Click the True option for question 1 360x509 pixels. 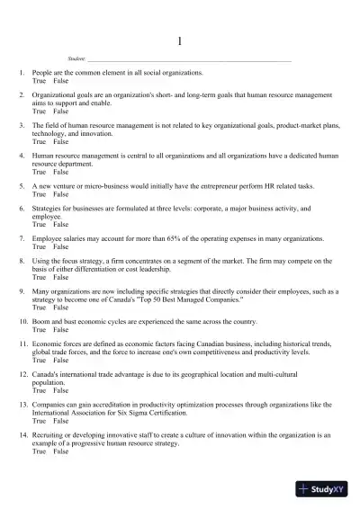[x=39, y=80]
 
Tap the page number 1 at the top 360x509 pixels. [x=180, y=41]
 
